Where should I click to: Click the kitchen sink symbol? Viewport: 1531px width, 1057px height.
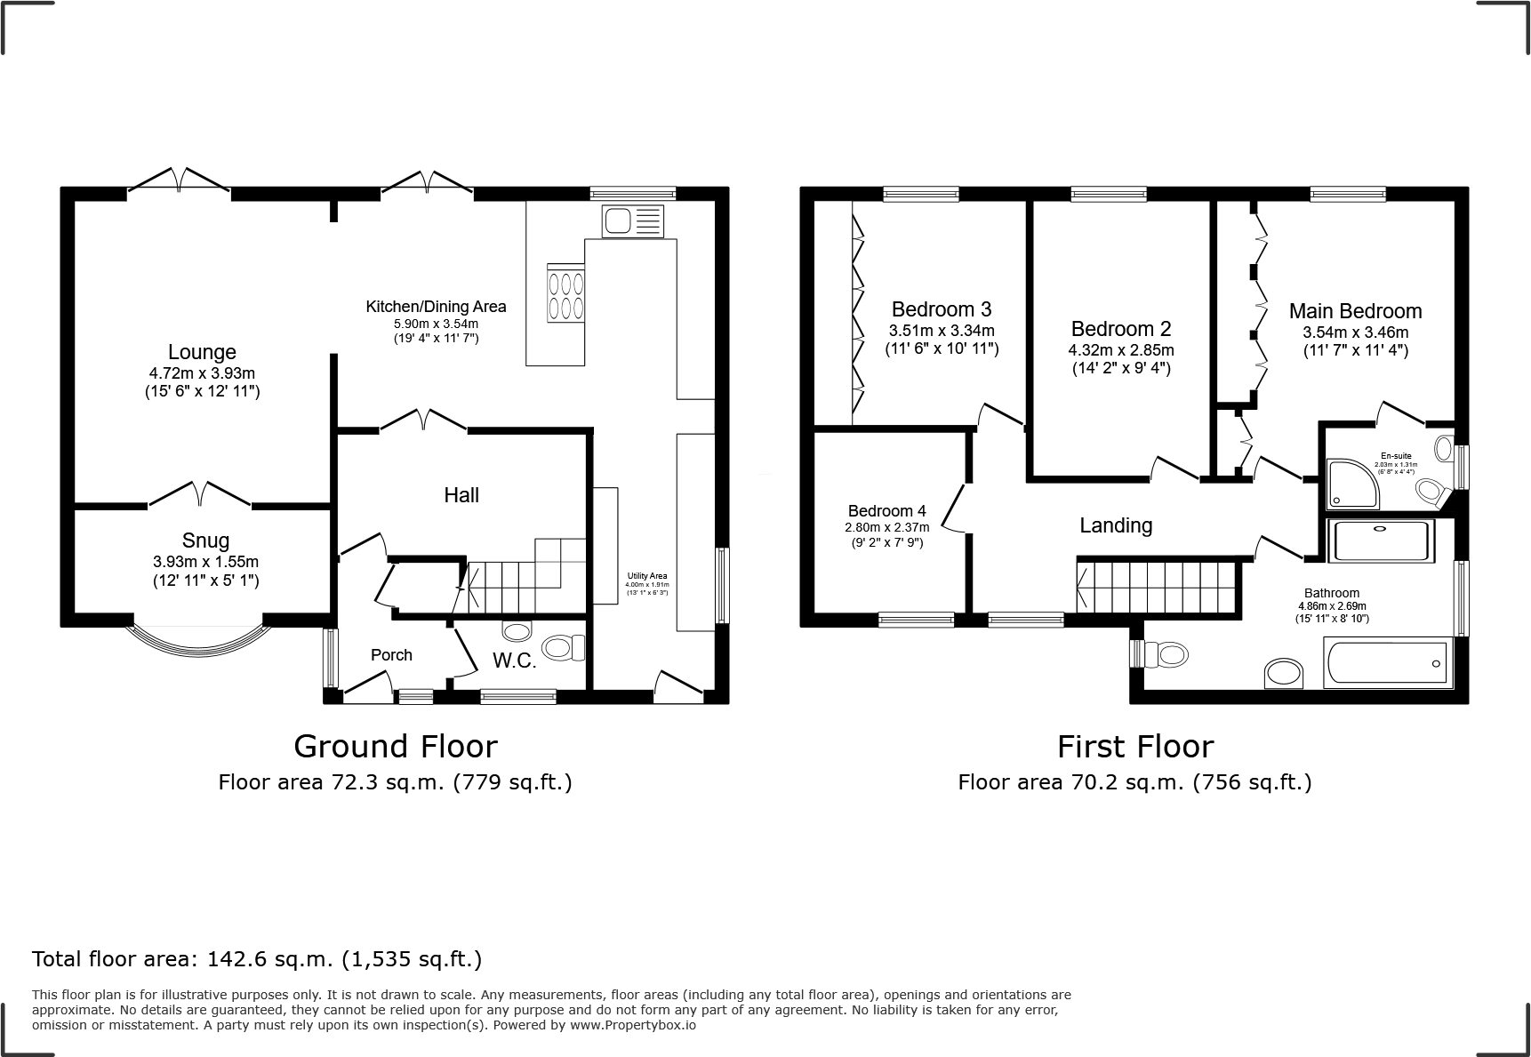click(632, 220)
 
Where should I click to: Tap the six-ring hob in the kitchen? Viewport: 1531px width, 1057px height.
click(566, 295)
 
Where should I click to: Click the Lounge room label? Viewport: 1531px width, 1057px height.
click(202, 352)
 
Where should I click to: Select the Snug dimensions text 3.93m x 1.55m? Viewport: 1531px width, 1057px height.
click(205, 562)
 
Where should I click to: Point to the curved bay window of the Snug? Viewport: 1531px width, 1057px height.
click(199, 639)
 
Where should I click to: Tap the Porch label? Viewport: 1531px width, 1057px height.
click(391, 655)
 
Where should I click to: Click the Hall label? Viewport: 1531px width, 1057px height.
click(461, 495)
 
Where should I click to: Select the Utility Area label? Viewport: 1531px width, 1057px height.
click(646, 575)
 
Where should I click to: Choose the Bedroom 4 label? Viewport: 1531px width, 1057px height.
click(886, 511)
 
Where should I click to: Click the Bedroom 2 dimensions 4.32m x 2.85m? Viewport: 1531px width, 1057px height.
click(1120, 350)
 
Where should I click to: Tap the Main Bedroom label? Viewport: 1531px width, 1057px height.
click(1355, 311)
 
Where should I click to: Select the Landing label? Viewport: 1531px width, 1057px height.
click(1116, 525)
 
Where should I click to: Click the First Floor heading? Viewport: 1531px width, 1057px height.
click(1134, 746)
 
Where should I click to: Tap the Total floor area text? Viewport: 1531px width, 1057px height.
click(257, 959)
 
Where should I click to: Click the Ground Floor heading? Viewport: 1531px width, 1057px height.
click(396, 746)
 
